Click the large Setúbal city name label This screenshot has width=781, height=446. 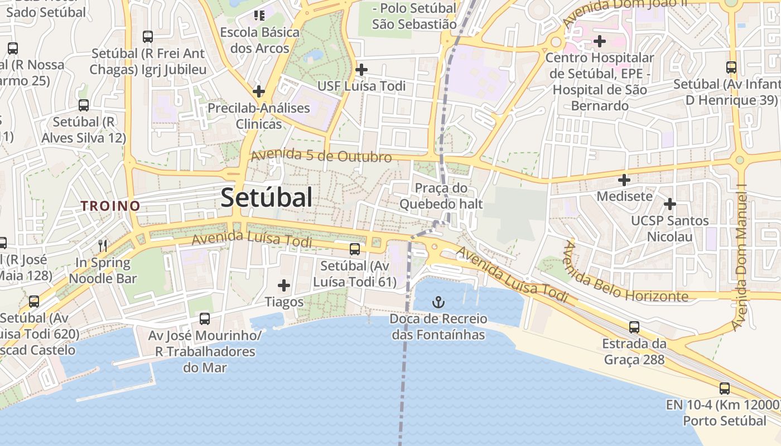pyautogui.click(x=266, y=197)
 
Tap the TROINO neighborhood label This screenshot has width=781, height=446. pyautogui.click(x=110, y=206)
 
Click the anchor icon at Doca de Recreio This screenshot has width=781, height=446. pyautogui.click(x=438, y=303)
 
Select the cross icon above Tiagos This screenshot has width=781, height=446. pyautogui.click(x=284, y=286)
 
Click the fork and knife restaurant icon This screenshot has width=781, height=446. pyautogui.click(x=103, y=246)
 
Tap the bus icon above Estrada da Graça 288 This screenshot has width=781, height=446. pyautogui.click(x=634, y=327)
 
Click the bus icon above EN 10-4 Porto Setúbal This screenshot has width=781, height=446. pyautogui.click(x=724, y=389)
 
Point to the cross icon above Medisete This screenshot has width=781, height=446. pyautogui.click(x=624, y=180)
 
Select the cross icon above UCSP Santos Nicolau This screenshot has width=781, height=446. pyautogui.click(x=669, y=204)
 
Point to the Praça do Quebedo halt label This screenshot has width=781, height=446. pyautogui.click(x=441, y=196)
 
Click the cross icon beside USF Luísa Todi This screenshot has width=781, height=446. pyautogui.click(x=361, y=70)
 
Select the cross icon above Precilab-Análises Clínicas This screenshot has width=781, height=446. pyautogui.click(x=259, y=91)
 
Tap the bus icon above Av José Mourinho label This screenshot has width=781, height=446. pyautogui.click(x=205, y=319)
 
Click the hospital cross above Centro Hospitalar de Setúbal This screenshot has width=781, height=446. pyautogui.click(x=600, y=41)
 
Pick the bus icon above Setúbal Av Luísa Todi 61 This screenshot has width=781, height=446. pyautogui.click(x=355, y=249)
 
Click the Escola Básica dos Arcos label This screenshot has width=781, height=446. pyautogui.click(x=259, y=40)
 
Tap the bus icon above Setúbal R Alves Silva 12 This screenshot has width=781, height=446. pyautogui.click(x=84, y=105)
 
